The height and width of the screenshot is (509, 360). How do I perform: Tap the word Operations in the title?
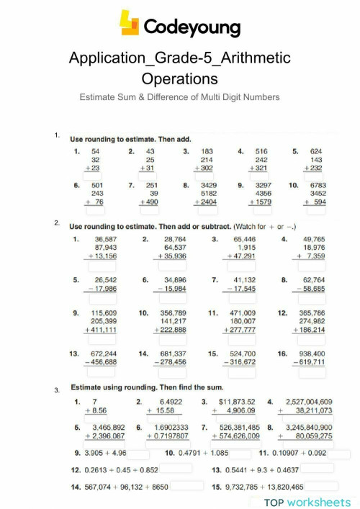click(x=179, y=77)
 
